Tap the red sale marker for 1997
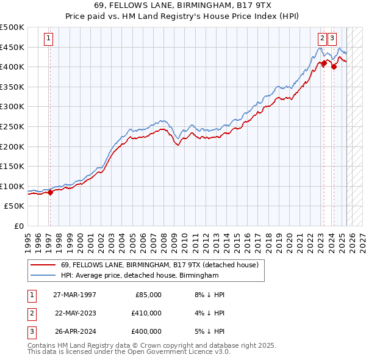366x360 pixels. click(x=50, y=192)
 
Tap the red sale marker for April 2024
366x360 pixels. click(x=334, y=67)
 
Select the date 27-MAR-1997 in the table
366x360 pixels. click(x=74, y=294)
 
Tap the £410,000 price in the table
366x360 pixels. click(x=146, y=313)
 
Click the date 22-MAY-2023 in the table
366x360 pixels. click(x=75, y=313)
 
